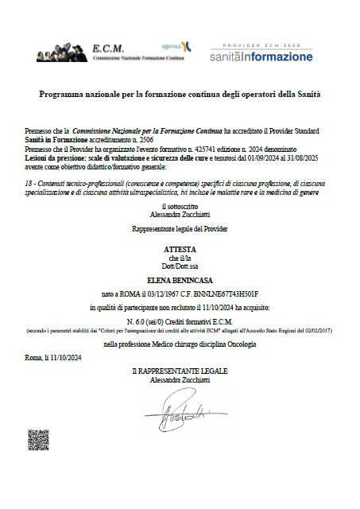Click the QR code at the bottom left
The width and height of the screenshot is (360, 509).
(x=41, y=441)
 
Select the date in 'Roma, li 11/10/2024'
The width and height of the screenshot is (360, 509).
(x=66, y=359)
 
